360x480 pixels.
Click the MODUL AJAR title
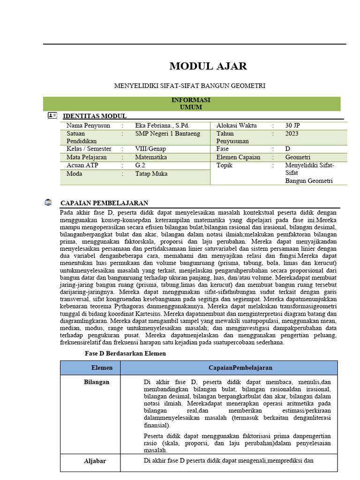pyautogui.click(x=208, y=66)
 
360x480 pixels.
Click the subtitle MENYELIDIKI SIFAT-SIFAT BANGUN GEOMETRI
pyautogui.click(x=190, y=86)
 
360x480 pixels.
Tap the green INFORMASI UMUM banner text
pyautogui.click(x=191, y=104)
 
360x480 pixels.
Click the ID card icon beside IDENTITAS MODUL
pyautogui.click(x=52, y=115)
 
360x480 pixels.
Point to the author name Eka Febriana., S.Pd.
pyautogui.click(x=162, y=126)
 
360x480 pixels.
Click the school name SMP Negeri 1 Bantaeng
pyautogui.click(x=167, y=134)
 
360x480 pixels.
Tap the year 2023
pyautogui.click(x=292, y=134)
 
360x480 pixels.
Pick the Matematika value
pyautogui.click(x=151, y=157)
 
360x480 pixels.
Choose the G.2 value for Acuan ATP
pyautogui.click(x=140, y=165)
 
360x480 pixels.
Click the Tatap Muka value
pyautogui.click(x=151, y=174)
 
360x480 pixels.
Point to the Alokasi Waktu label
pyautogui.click(x=237, y=126)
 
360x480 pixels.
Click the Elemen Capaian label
pyautogui.click(x=239, y=157)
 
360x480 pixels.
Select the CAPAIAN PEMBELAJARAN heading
pyautogui.click(x=105, y=203)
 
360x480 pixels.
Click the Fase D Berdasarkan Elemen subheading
pyautogui.click(x=125, y=353)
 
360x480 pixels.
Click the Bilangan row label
pyautogui.click(x=97, y=382)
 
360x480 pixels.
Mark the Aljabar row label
pyautogui.click(x=95, y=461)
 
